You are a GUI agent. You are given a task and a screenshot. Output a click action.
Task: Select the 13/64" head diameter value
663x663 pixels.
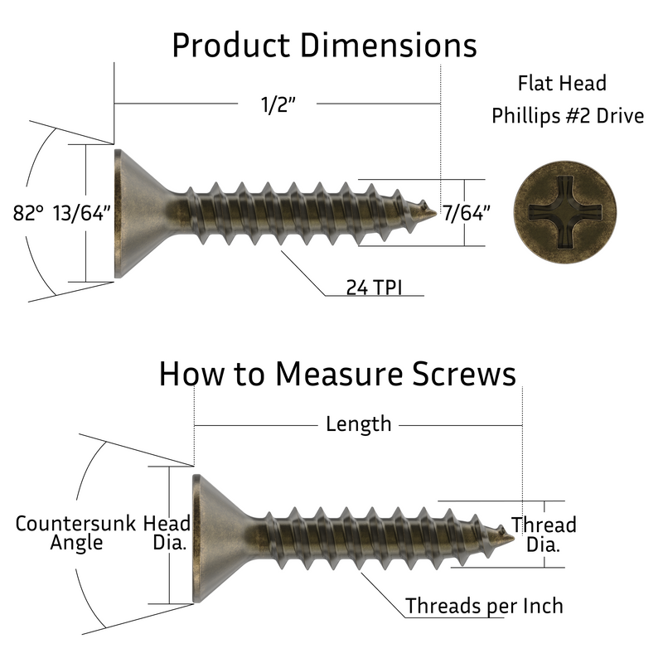coord(82,213)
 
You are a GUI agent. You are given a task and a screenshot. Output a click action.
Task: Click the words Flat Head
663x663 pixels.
coord(562,84)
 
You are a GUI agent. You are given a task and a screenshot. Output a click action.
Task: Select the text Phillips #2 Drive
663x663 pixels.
coord(568,115)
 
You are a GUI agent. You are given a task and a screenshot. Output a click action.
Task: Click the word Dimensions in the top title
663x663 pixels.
coord(389,46)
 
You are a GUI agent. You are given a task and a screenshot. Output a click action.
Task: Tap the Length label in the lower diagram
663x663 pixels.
coord(358,424)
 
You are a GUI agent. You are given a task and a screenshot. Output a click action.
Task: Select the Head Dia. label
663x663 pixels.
coord(167,533)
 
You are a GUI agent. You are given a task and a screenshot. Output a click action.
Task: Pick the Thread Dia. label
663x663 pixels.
coord(544,535)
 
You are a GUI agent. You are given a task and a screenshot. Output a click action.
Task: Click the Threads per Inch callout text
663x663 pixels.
coord(484,606)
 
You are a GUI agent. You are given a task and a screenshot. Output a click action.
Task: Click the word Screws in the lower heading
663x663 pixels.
coord(464,374)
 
